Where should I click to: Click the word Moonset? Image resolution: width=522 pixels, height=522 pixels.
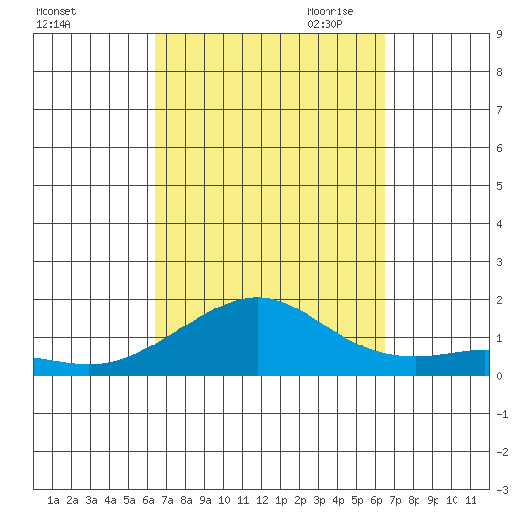click(56, 11)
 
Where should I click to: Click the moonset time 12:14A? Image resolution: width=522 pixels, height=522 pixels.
click(53, 24)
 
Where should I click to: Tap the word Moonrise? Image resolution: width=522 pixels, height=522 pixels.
click(330, 11)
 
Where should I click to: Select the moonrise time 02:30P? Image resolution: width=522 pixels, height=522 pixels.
click(325, 24)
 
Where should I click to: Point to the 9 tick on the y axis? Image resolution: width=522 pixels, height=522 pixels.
click(499, 34)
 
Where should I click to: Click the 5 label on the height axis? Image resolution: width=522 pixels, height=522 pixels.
click(499, 186)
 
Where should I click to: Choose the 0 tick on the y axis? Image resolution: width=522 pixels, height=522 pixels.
click(499, 376)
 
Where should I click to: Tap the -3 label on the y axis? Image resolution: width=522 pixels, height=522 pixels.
click(502, 490)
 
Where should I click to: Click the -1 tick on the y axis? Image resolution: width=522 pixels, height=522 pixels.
click(502, 414)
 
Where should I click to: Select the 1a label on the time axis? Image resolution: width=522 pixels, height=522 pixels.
click(53, 500)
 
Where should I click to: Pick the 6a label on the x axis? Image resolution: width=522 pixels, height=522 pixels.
click(148, 500)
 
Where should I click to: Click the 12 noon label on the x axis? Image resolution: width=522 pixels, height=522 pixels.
click(262, 500)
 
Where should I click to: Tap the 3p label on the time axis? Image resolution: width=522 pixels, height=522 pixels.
click(319, 500)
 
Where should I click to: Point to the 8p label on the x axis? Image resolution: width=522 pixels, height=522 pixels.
click(414, 500)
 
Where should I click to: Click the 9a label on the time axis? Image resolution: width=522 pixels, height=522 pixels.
click(205, 500)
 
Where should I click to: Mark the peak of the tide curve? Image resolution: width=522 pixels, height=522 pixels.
click(258, 297)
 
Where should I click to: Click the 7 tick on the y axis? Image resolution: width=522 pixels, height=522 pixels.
click(499, 110)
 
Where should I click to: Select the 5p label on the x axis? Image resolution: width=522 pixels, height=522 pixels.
click(357, 500)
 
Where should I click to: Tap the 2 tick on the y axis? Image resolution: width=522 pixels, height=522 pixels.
click(499, 300)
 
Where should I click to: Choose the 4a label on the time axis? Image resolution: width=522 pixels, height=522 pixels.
click(110, 500)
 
